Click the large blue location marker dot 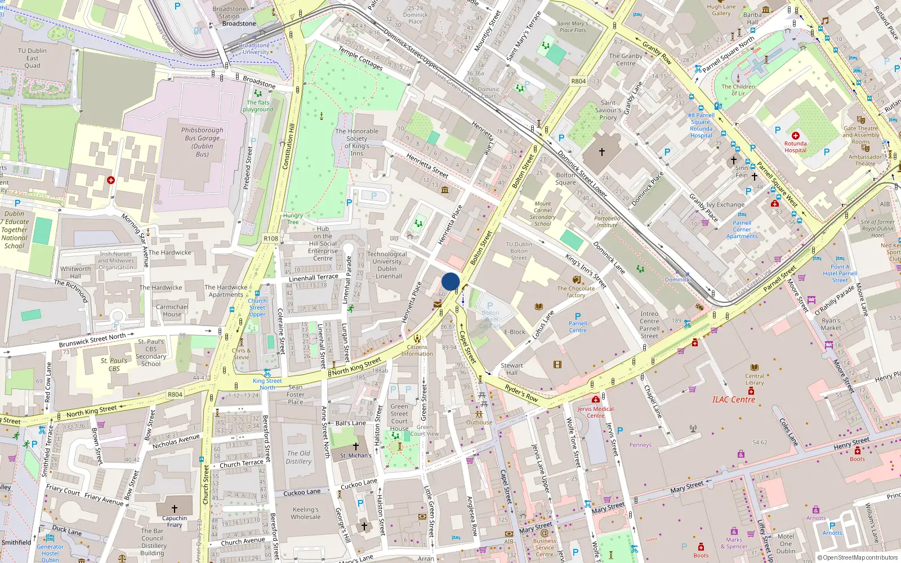click(x=450, y=281)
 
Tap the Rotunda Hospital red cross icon click(x=796, y=136)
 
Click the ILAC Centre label click(x=733, y=400)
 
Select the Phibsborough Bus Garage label click(x=203, y=142)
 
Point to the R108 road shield click(x=271, y=239)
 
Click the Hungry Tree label click(x=293, y=218)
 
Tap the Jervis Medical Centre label click(x=595, y=412)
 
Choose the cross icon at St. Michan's click(x=355, y=446)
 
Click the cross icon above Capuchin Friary click(x=175, y=509)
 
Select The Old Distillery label click(x=298, y=457)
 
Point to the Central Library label click(x=755, y=379)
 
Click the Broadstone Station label click(x=230, y=12)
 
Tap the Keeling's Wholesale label click(x=306, y=513)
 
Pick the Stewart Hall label click(x=512, y=369)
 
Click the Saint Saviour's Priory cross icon click(x=601, y=152)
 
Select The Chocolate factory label click(x=576, y=292)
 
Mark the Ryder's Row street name click(x=521, y=392)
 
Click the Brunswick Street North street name click(x=92, y=340)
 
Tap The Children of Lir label click(x=738, y=90)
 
